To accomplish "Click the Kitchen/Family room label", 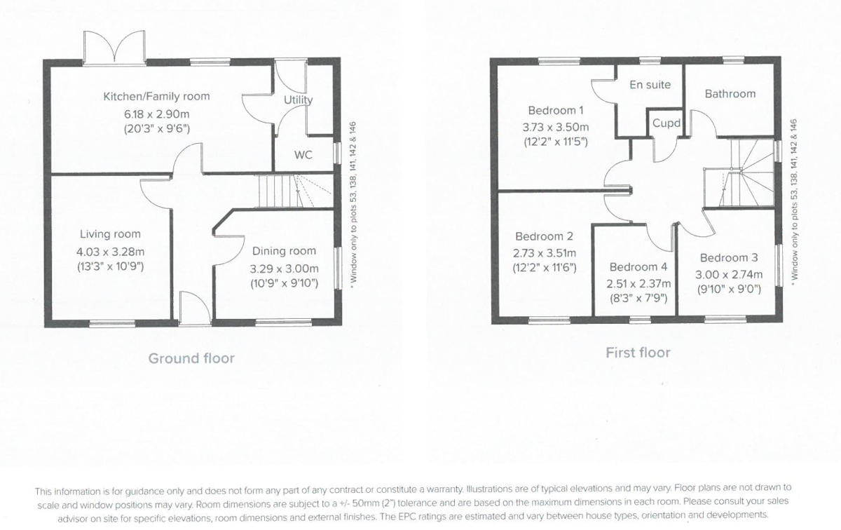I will [x=156, y=97].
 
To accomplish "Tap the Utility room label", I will [x=298, y=100].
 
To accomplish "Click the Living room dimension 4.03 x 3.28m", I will [x=110, y=250].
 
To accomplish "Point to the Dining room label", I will [x=284, y=251].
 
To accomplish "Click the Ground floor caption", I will [x=191, y=359].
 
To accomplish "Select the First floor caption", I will [x=638, y=353].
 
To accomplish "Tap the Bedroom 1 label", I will [x=556, y=111].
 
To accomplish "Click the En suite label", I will [x=650, y=85].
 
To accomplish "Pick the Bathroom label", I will [x=730, y=94].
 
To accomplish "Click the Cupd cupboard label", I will [x=666, y=123].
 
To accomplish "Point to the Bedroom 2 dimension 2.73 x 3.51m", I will [x=545, y=253].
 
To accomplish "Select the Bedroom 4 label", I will [x=638, y=267].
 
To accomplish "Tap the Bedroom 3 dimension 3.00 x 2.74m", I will [x=729, y=274].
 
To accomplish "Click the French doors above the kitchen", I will [x=114, y=48].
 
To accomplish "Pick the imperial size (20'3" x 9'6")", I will [x=156, y=128].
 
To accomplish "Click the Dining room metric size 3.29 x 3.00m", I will [x=284, y=268].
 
